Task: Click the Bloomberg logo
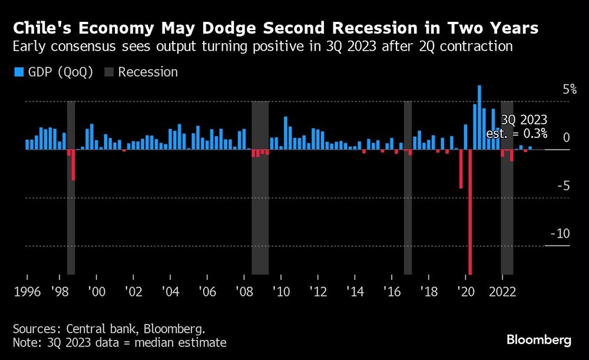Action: [539, 340]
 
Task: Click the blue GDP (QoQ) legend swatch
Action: [18, 72]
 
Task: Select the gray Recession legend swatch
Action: [109, 72]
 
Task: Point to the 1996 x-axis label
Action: [27, 291]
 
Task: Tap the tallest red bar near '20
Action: [469, 212]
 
